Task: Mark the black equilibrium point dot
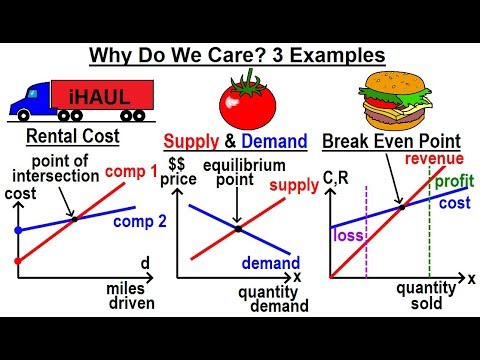point(238,229)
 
